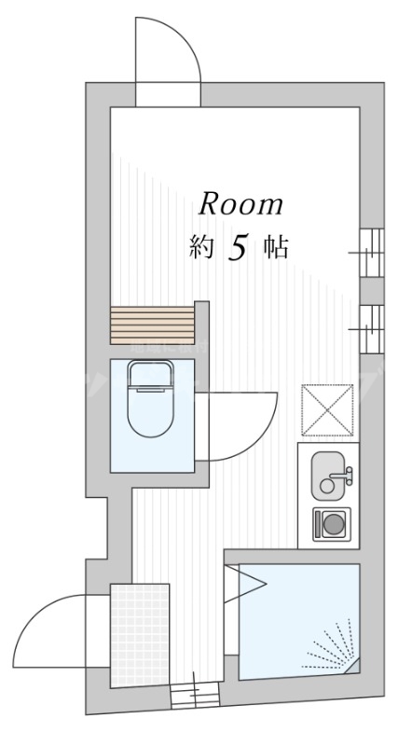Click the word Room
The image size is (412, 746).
point(240,204)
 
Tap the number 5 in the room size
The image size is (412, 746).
point(237,248)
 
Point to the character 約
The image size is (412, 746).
point(200,248)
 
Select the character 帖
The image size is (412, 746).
point(277,248)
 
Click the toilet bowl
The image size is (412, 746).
point(151,399)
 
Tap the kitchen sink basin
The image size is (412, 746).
point(328,476)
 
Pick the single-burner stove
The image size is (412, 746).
point(332,524)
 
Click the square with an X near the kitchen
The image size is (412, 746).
point(328,410)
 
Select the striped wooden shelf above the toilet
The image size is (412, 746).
point(152,325)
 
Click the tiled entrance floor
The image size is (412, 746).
point(140,635)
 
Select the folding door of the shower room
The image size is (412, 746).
point(245,584)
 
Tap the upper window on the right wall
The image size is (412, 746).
point(371,253)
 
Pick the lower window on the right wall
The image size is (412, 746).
point(371,329)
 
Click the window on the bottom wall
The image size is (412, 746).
point(195,696)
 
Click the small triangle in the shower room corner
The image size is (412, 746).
point(352,666)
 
